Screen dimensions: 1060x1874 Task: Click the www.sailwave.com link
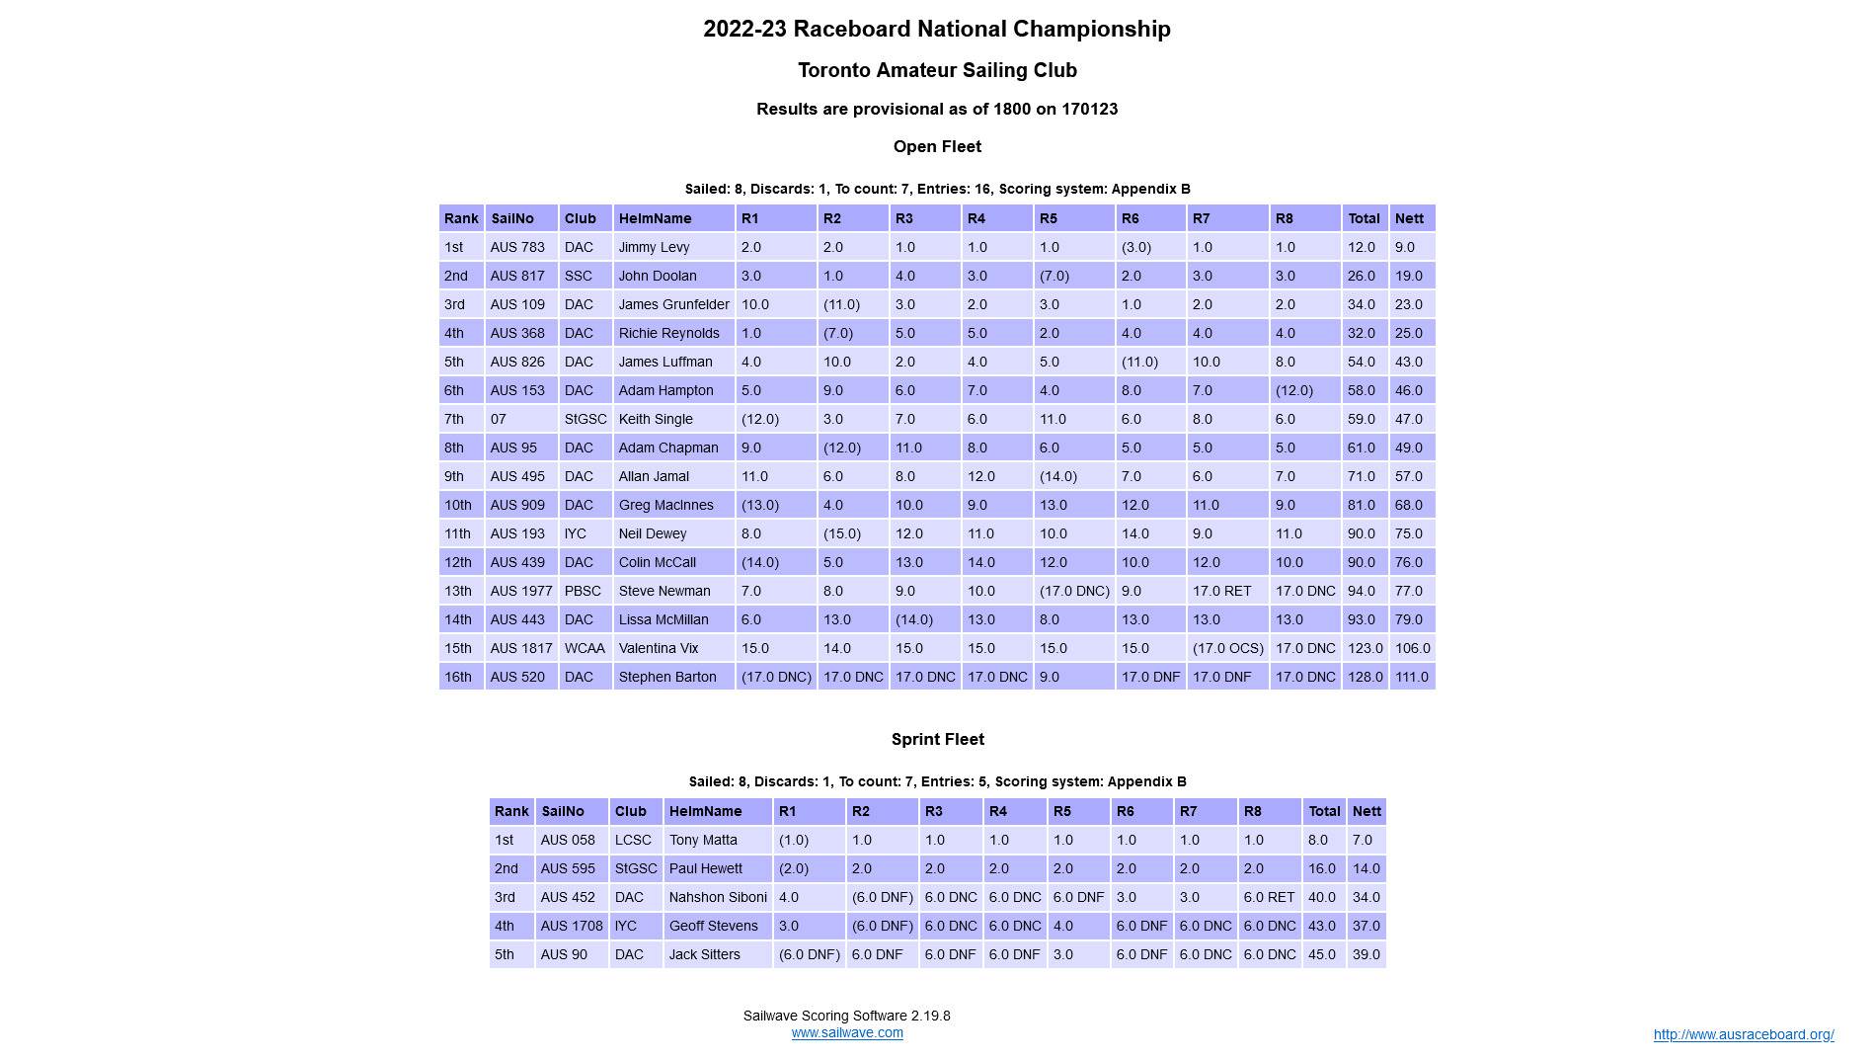pos(846,1033)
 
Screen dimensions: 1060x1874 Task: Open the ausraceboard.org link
pos(1743,1035)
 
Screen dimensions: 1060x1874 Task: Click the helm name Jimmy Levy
pos(654,247)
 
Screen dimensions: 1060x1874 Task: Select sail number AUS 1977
pos(520,591)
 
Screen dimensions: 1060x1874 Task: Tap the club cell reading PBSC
pos(583,591)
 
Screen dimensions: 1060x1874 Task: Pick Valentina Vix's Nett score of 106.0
pos(1412,648)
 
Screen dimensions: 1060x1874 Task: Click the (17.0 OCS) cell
pos(1227,648)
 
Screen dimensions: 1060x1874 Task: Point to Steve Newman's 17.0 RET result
pos(1221,591)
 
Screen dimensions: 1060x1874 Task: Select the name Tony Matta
pos(703,840)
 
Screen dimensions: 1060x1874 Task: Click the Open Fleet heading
pos(937,147)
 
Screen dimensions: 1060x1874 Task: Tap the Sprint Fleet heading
pos(937,740)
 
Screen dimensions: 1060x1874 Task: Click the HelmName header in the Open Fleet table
pos(655,218)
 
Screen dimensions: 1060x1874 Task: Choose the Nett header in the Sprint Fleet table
pos(1366,811)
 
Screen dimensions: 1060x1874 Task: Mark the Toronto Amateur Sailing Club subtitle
pos(937,71)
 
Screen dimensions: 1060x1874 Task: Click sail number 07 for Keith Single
pos(498,419)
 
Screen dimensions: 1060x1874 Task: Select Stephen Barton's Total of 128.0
pos(1365,677)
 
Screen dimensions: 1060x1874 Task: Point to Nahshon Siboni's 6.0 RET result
pos(1269,897)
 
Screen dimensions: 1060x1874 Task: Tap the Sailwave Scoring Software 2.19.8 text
pos(846,1016)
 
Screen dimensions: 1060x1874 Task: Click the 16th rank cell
pos(458,677)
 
